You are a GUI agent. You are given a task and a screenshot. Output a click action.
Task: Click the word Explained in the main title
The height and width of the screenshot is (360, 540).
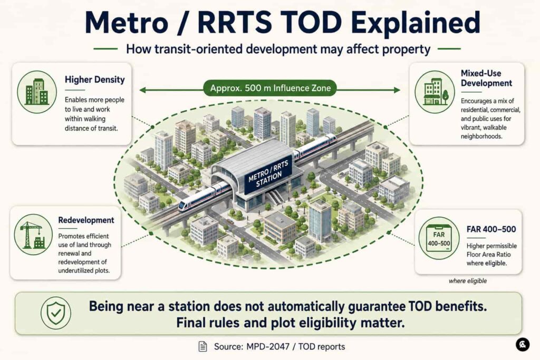pos(416,23)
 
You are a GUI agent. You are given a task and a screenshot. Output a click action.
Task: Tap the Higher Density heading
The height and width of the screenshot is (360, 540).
pos(95,80)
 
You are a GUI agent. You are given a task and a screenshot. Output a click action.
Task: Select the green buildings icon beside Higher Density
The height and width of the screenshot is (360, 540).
pos(37,92)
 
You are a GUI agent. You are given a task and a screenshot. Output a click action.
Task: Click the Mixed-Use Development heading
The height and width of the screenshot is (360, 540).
pos(486,78)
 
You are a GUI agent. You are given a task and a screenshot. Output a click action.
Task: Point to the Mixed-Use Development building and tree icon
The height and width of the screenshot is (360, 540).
pos(435,92)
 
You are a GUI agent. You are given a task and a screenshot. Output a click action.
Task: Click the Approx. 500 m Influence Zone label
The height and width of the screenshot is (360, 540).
pos(271,88)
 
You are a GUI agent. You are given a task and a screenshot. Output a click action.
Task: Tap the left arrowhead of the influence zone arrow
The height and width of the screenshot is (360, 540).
pos(142,90)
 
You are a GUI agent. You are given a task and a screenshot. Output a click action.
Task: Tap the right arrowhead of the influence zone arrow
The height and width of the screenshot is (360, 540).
pos(397,90)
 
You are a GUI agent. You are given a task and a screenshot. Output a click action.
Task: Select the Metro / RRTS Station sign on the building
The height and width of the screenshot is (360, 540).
pos(268,174)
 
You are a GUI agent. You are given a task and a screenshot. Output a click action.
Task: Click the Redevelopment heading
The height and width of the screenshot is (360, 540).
pos(86,220)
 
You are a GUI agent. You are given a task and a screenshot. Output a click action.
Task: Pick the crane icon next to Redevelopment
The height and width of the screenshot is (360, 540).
pos(33,235)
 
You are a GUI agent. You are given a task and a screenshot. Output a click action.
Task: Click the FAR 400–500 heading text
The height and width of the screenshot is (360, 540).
pos(491,229)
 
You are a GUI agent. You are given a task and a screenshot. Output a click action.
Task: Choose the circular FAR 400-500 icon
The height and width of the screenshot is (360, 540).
pos(439,238)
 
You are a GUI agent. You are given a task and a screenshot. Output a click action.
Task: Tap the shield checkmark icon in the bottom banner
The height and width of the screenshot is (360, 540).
pos(56,313)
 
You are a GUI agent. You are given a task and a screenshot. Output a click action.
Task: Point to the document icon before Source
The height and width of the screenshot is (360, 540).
pos(203,346)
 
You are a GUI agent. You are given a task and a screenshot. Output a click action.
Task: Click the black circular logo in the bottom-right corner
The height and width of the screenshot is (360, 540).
pos(523,345)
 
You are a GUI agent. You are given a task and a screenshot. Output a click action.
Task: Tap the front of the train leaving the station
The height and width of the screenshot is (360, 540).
pos(183,206)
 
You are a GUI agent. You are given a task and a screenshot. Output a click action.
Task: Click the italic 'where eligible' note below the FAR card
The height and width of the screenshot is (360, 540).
pos(468,281)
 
